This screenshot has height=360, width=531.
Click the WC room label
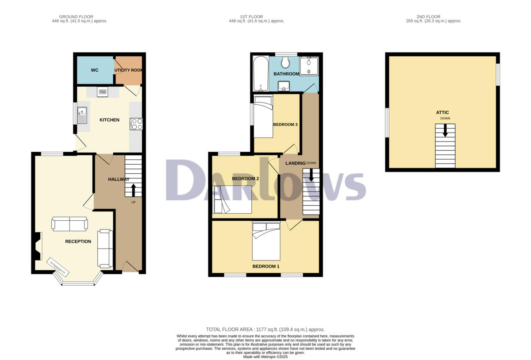tap(95, 70)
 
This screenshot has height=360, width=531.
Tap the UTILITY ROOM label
tap(129, 70)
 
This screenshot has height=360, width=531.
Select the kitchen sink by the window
tap(82, 116)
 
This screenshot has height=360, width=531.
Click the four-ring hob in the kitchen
tap(135, 124)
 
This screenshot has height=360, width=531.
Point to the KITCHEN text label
tap(109, 120)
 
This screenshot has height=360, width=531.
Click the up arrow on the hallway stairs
tap(134, 189)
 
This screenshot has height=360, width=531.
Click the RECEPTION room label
tap(78, 241)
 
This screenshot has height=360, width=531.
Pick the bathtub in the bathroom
tap(261, 73)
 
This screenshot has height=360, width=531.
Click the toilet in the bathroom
tap(285, 62)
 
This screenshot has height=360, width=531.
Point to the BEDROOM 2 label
tap(246, 179)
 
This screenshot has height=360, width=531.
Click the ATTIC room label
tap(442, 113)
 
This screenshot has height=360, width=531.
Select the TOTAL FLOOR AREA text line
tap(265, 329)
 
